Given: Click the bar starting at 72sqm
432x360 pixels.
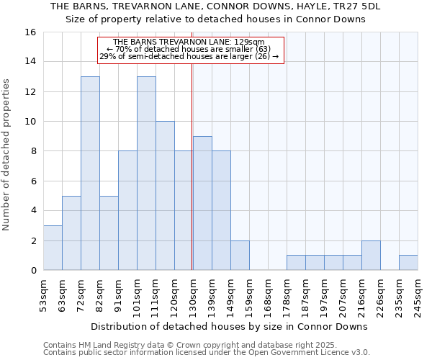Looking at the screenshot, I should (90, 173).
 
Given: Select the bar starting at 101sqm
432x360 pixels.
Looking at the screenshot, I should (146, 173).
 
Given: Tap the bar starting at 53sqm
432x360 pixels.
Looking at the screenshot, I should (53, 248).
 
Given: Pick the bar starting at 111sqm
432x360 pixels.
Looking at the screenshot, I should (165, 195).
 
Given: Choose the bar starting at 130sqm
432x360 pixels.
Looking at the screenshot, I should (202, 203).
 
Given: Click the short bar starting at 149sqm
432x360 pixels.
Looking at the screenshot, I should (240, 255).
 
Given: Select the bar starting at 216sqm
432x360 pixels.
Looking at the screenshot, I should (371, 255).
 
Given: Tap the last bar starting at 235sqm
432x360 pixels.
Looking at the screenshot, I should (408, 263).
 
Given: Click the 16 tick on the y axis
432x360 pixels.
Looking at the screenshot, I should (31, 32).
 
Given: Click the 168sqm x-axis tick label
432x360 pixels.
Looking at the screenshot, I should (268, 295).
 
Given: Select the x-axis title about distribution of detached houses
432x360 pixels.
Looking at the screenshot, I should (230, 326).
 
